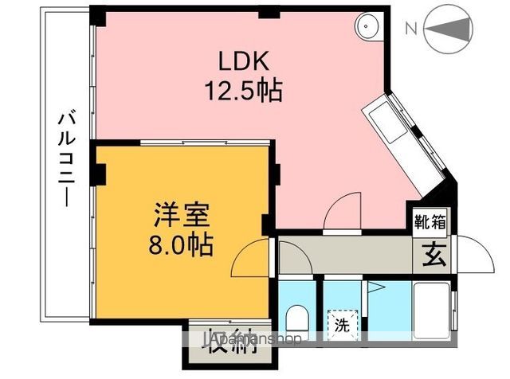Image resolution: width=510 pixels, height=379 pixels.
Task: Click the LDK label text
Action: click(x=246, y=61)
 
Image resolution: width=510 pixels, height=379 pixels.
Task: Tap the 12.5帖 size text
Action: click(x=246, y=91)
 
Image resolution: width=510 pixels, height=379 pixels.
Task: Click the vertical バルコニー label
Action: click(x=65, y=160)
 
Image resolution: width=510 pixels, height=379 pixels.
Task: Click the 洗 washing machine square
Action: click(x=341, y=325)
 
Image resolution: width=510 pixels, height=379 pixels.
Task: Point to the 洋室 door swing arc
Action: click(x=252, y=257)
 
